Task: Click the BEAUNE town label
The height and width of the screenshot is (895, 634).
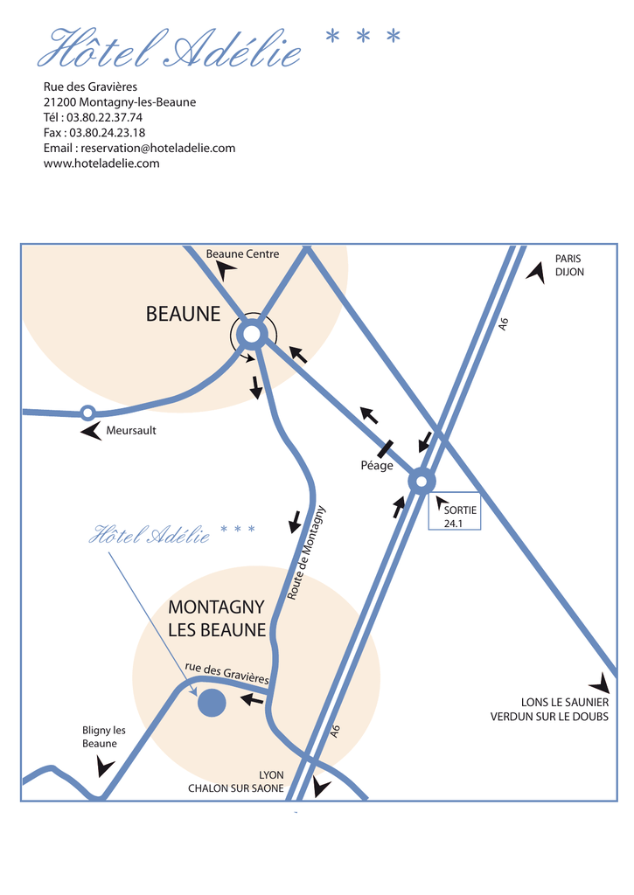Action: coord(183,314)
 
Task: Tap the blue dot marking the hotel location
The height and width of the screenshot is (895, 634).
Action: coord(212,703)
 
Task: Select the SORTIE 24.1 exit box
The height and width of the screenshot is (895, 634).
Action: coord(455,510)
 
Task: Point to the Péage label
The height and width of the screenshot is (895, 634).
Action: coord(377,466)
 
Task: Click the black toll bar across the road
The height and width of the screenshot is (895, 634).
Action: coord(385,448)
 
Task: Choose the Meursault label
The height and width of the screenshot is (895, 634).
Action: coord(131,430)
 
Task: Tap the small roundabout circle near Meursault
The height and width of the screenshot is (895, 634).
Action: coord(87,413)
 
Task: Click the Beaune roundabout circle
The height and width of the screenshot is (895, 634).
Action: coord(252,335)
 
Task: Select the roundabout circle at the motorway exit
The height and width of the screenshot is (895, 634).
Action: coord(422,482)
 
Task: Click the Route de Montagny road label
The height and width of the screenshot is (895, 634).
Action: coord(306,552)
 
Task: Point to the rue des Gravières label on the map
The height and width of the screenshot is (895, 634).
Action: coord(226,673)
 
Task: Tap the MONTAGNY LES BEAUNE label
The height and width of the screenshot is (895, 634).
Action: coord(217,618)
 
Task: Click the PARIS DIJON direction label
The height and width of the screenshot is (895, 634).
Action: coord(569,266)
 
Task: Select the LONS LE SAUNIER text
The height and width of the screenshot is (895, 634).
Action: coord(565,702)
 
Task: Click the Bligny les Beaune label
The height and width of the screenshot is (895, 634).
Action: coord(103,737)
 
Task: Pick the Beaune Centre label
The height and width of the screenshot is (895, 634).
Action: coord(243,254)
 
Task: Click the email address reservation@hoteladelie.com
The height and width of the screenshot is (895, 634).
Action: coord(158,148)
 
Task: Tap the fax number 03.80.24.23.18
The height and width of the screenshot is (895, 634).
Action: coord(108,133)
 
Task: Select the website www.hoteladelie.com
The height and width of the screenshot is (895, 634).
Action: coord(101,163)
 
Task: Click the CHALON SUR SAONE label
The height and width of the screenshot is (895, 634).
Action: coord(236,788)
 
